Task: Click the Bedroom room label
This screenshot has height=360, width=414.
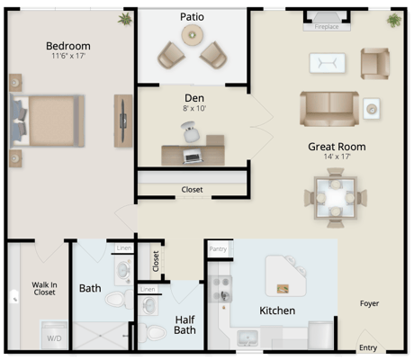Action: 68,46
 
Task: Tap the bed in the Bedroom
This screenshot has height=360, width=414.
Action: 47,121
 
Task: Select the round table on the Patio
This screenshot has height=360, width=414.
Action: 191,35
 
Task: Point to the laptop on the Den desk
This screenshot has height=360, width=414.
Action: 192,156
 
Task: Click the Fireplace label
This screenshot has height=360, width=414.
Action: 326,27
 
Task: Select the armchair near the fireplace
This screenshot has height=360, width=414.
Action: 373,62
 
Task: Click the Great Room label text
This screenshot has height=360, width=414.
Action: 337,146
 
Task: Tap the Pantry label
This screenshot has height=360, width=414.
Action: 217,248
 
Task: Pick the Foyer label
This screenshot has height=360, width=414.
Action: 370,303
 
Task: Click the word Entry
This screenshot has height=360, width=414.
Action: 367,346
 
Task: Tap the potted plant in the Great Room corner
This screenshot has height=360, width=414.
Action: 393,20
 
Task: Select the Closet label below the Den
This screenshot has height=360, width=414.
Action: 192,190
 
